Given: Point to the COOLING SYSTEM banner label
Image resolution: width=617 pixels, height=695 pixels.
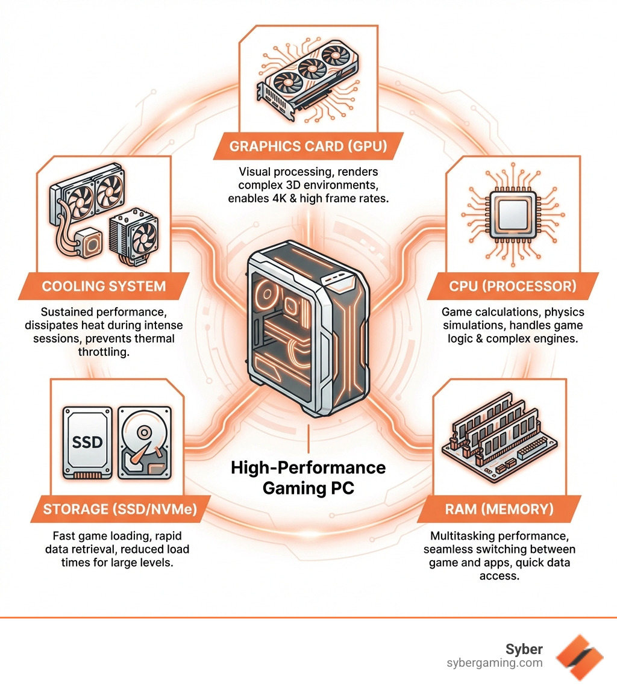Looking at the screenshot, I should (x=104, y=285).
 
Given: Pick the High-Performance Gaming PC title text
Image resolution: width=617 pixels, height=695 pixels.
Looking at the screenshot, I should (x=308, y=477).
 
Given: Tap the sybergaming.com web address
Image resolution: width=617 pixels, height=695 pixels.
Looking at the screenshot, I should (x=494, y=663).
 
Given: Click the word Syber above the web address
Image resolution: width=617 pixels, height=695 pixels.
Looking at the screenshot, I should (x=524, y=649).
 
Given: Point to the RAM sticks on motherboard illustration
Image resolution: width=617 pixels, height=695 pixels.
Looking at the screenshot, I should (x=500, y=440).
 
